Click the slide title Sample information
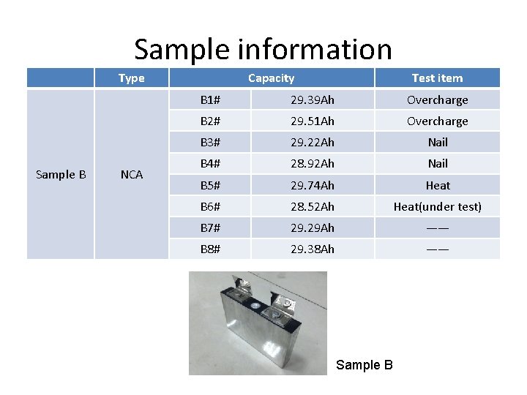[x=263, y=50]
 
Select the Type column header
[x=132, y=78]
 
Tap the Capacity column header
[x=271, y=78]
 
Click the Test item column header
[x=437, y=78]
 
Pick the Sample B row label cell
[x=61, y=174]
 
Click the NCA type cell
[x=132, y=174]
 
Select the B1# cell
[x=211, y=99]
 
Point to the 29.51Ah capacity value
[x=312, y=121]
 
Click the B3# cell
[x=211, y=142]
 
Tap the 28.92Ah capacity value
[x=312, y=163]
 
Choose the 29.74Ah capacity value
[x=312, y=185]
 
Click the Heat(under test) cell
[x=437, y=206]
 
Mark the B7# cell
[x=211, y=227]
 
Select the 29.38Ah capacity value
[x=312, y=249]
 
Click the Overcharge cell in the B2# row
[x=437, y=121]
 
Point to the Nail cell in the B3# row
[x=437, y=142]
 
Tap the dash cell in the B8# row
[x=437, y=249]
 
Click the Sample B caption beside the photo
[x=364, y=365]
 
